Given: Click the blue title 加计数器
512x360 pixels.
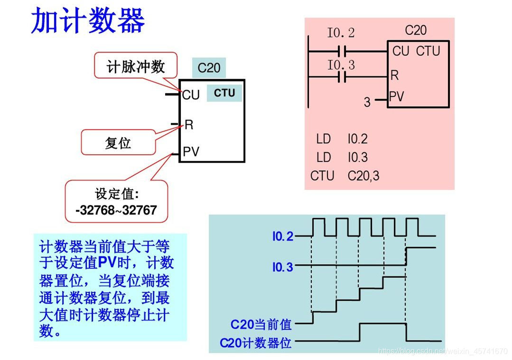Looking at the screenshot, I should pyautogui.click(x=88, y=21).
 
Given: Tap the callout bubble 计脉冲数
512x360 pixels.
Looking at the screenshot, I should pyautogui.click(x=136, y=66).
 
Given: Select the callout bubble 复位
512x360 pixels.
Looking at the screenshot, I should pyautogui.click(x=118, y=143).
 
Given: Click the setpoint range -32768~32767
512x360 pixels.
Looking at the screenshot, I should pyautogui.click(x=116, y=210).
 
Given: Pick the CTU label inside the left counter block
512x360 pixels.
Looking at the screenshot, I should pyautogui.click(x=224, y=93).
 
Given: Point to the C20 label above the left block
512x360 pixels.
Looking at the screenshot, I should pyautogui.click(x=209, y=68).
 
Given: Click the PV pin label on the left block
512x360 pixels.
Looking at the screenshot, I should pyautogui.click(x=191, y=152).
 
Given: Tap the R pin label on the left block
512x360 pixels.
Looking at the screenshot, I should pyautogui.click(x=189, y=125).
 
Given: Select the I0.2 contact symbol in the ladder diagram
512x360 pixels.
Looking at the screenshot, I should pyautogui.click(x=343, y=50).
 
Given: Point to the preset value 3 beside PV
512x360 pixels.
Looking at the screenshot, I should pyautogui.click(x=367, y=102).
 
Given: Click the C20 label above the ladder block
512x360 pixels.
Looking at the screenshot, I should pyautogui.click(x=416, y=31).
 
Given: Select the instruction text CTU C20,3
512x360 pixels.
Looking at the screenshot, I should pyautogui.click(x=345, y=176).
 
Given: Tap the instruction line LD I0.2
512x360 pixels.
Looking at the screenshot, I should pyautogui.click(x=342, y=139).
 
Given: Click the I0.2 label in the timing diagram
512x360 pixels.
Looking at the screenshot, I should pyautogui.click(x=283, y=236).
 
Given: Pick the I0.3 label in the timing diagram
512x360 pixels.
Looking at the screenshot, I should pyautogui.click(x=283, y=268).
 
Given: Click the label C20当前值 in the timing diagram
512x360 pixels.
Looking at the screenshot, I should pyautogui.click(x=261, y=324).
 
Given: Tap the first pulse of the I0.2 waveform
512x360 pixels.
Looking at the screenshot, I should pyautogui.click(x=318, y=227).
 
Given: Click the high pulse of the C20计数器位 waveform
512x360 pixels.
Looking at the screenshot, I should pyautogui.click(x=382, y=324).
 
